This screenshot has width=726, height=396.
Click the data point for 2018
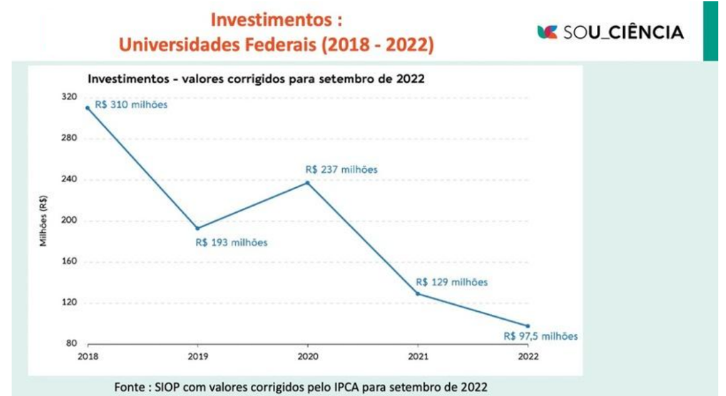coord(87,107)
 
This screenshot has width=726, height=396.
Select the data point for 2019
coord(198,228)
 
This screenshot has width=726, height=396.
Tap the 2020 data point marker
coord(308,183)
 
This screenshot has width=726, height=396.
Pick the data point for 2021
coord(417,294)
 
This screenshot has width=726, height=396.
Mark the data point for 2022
coord(528,326)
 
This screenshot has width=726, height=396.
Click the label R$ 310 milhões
coord(130,105)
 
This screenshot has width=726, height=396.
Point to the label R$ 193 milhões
coord(231,242)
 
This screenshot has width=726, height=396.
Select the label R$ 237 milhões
coord(341,170)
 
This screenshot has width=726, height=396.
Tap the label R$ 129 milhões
coord(452,282)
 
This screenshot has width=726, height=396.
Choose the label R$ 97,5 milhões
coord(540,337)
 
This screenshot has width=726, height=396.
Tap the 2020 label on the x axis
coord(308,356)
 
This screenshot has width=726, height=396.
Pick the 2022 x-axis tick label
coord(528,356)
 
